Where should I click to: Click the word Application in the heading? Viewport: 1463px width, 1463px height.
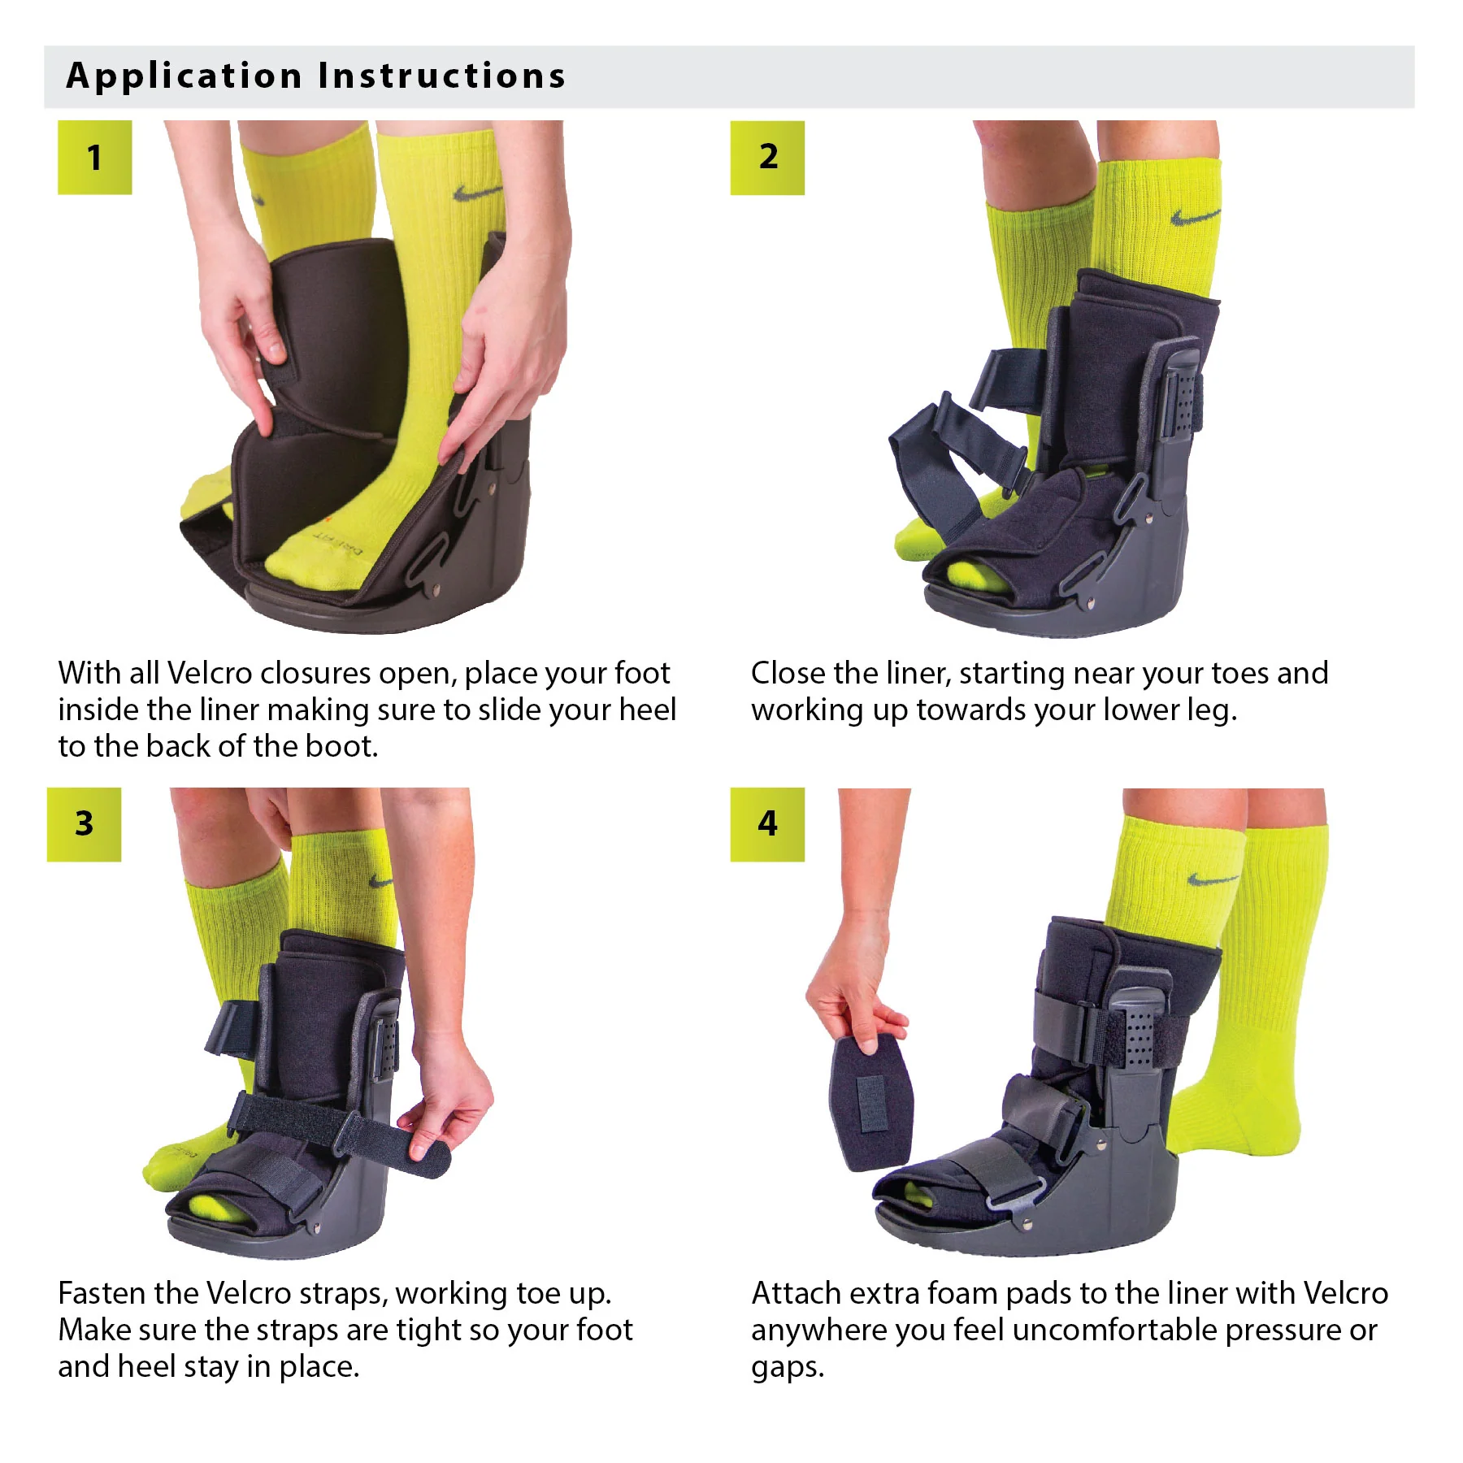184,76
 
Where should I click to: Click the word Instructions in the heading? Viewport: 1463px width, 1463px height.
441,76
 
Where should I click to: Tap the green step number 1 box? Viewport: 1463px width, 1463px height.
94,158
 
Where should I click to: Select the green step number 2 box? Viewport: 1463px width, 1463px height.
767,158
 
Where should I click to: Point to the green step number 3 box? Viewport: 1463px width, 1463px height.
84,824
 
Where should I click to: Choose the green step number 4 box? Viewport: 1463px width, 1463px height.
767,824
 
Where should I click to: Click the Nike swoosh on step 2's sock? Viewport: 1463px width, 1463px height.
1195,216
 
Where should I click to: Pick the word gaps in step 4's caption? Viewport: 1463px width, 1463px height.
787,1369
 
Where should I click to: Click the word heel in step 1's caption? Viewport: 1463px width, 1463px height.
647,710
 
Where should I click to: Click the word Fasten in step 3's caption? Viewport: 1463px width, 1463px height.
102,1294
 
